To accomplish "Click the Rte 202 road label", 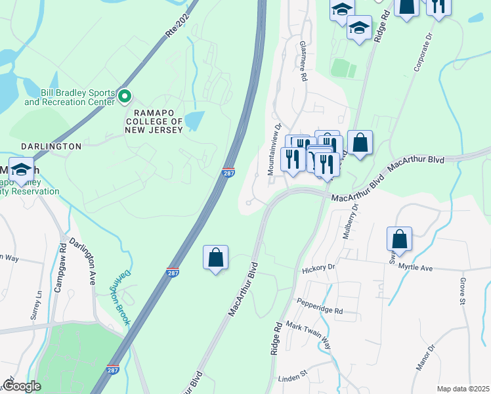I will point(177,25).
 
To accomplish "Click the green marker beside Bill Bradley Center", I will point(125,98).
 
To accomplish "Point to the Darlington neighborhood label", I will point(41,146).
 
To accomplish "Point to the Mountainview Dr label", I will point(274,150).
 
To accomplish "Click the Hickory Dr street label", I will point(318,268).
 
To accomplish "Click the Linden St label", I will point(293,377).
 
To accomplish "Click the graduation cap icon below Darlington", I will point(21,169).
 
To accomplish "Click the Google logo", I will point(22,386).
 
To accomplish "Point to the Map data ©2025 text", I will point(463,389).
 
